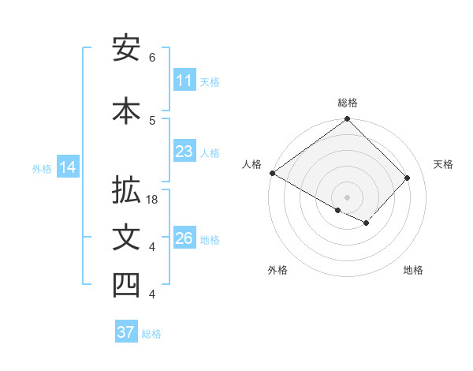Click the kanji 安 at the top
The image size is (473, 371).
pyautogui.click(x=126, y=49)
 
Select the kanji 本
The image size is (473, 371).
pyautogui.click(x=126, y=110)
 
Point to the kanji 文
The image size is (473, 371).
pyautogui.click(x=126, y=238)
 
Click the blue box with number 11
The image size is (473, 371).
pyautogui.click(x=184, y=81)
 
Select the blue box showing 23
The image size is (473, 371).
pyautogui.click(x=184, y=152)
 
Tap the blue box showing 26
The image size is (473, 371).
pyautogui.click(x=184, y=238)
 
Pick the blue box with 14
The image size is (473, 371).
pyautogui.click(x=68, y=167)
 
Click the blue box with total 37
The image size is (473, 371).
pyautogui.click(x=126, y=332)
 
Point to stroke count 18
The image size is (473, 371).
pyautogui.click(x=153, y=200)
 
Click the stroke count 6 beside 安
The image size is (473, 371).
pyautogui.click(x=152, y=58)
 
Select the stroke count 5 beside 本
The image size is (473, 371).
pyautogui.click(x=152, y=120)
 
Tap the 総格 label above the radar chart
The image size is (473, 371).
pyautogui.click(x=348, y=103)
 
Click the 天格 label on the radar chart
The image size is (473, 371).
pyautogui.click(x=443, y=164)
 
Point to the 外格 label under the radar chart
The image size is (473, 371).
pyautogui.click(x=277, y=270)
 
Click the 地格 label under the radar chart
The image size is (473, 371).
pyautogui.click(x=413, y=270)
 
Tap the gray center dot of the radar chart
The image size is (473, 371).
pyautogui.click(x=347, y=196)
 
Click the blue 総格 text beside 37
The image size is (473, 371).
pyautogui.click(x=151, y=334)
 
